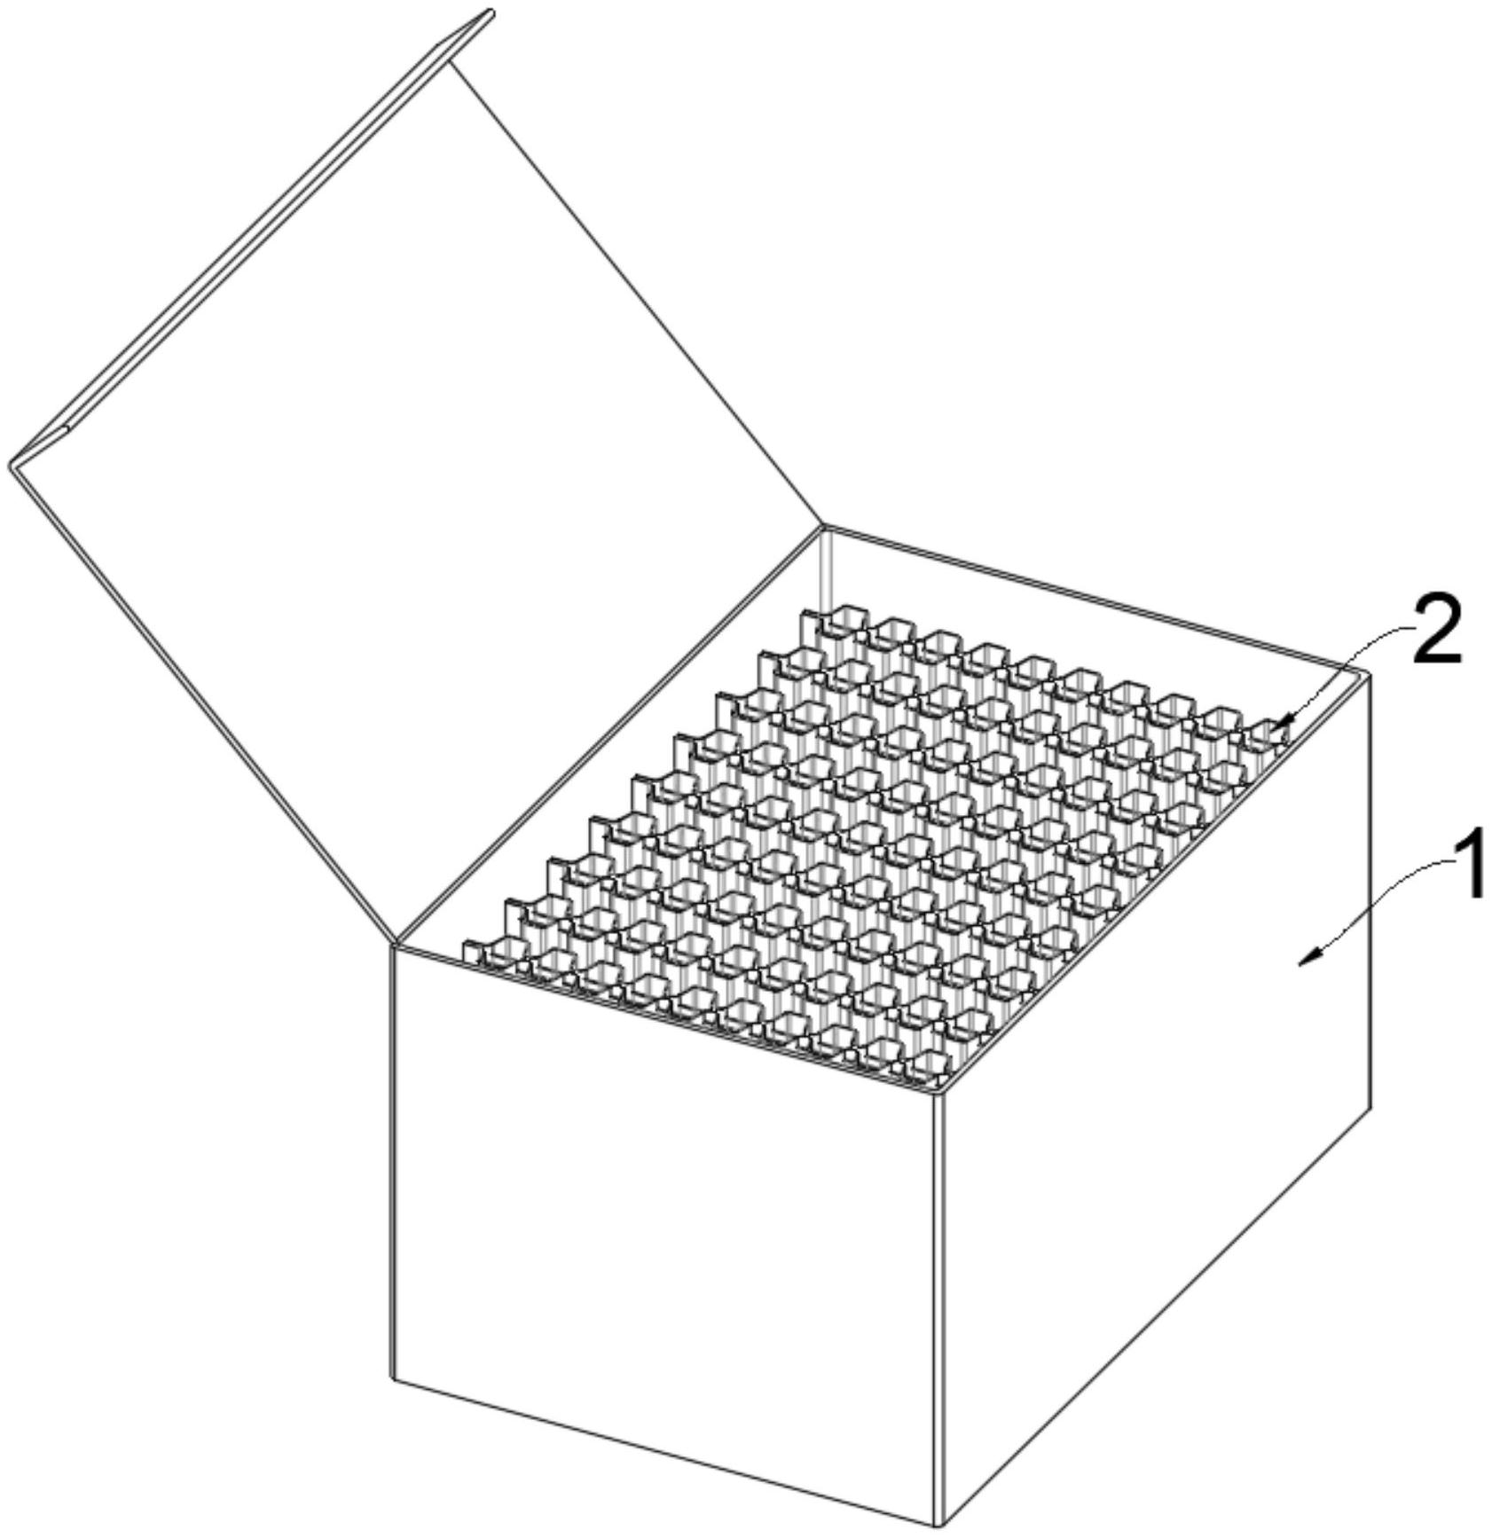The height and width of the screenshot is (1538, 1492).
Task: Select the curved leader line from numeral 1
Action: coord(1375,896)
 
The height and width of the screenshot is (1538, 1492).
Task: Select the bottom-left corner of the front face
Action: coord(393,1378)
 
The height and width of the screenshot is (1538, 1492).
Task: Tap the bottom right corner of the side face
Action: coord(1372,1107)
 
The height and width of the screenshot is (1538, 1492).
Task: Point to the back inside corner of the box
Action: coord(824,529)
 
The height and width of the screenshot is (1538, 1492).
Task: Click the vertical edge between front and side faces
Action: coord(938,1311)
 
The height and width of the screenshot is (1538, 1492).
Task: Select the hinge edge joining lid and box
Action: coord(609,735)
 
